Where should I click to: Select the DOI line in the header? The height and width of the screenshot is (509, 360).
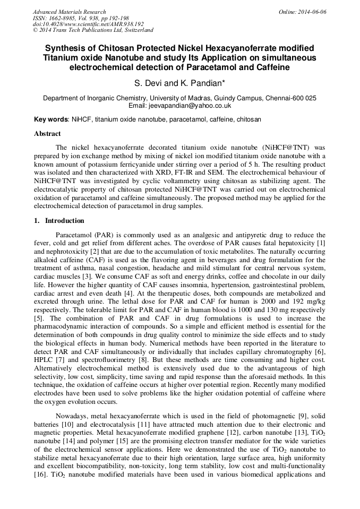click(88, 24)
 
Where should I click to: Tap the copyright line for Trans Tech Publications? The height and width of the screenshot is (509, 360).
click(93, 30)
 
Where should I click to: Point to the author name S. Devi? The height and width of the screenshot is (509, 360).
click(149, 83)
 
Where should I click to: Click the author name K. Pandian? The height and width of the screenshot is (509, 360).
click(196, 83)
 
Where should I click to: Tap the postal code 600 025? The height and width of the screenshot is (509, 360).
click(306, 98)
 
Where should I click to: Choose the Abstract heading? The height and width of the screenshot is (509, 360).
click(47, 134)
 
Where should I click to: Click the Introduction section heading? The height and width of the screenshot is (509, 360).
click(64, 221)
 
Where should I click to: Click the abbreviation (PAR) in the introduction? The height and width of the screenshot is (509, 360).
click(101, 235)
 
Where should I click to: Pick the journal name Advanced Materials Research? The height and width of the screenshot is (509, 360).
click(69, 12)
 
